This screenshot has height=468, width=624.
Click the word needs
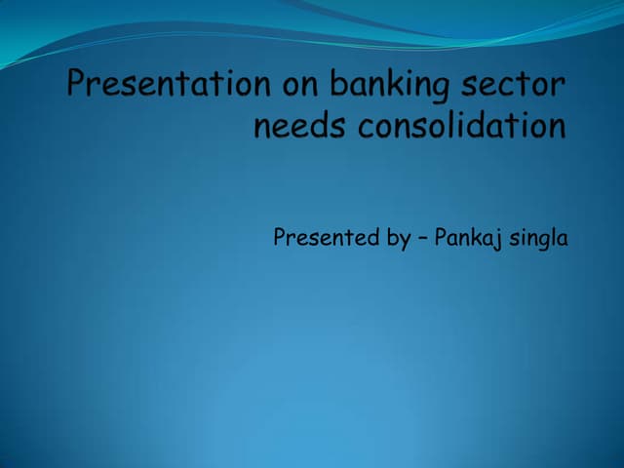point(293,128)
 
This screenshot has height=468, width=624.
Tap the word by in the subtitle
point(398,239)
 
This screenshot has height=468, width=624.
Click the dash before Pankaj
point(422,239)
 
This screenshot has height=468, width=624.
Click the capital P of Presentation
point(79,86)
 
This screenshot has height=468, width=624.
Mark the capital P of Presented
point(280,238)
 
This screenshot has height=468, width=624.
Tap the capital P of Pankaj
point(440,238)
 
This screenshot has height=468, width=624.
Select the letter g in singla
point(543,242)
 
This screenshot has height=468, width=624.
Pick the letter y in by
point(405,242)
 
